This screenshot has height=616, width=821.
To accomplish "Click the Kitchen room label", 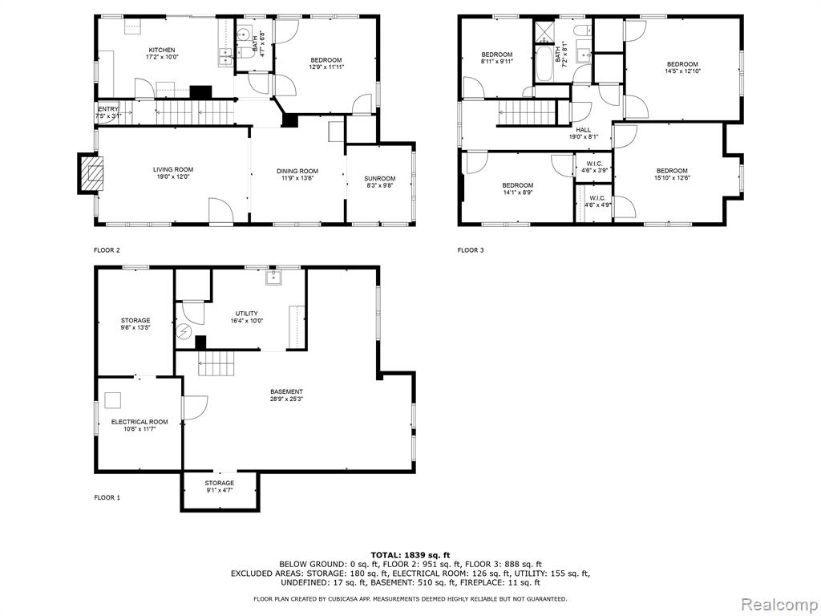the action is [x=161, y=51].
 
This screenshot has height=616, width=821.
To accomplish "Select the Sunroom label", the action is [x=380, y=179].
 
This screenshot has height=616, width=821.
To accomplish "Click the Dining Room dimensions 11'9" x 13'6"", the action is [x=297, y=178].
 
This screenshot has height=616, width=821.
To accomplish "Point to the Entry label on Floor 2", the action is [x=108, y=109].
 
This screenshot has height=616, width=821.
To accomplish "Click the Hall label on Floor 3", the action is [x=584, y=130].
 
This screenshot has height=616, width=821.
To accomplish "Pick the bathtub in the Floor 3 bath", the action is [x=544, y=64].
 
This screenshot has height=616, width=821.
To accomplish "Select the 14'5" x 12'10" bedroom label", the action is [x=682, y=67].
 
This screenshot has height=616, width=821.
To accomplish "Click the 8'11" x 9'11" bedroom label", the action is [x=497, y=58].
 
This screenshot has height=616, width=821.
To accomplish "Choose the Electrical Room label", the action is [x=140, y=422].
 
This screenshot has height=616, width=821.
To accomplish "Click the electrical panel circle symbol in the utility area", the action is [x=184, y=332].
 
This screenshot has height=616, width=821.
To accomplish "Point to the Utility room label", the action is [x=247, y=314].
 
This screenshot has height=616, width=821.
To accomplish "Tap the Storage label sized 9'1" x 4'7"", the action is [x=220, y=486].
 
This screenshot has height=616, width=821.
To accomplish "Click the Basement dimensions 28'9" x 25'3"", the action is [x=286, y=399].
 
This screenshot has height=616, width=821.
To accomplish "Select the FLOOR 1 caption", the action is [x=107, y=497].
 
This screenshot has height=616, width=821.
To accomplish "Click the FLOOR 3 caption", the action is [x=471, y=250].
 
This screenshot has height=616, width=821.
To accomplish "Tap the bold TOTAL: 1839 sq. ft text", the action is [x=410, y=555].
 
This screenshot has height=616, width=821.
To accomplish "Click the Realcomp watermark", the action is [x=779, y=604].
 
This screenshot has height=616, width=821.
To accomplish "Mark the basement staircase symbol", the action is [x=216, y=363].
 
